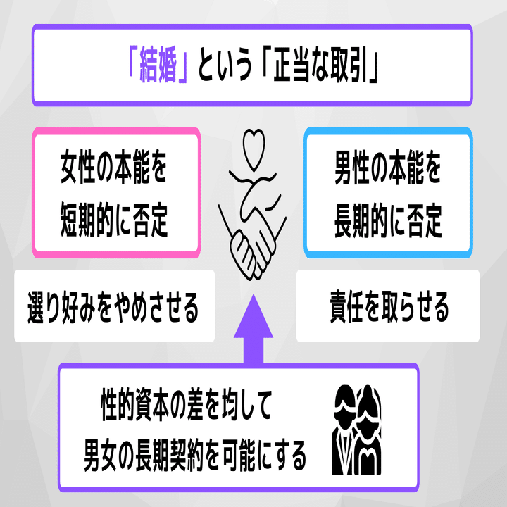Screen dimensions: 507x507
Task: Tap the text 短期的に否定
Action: pos(114,221)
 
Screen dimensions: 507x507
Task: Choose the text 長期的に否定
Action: pos(388,221)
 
